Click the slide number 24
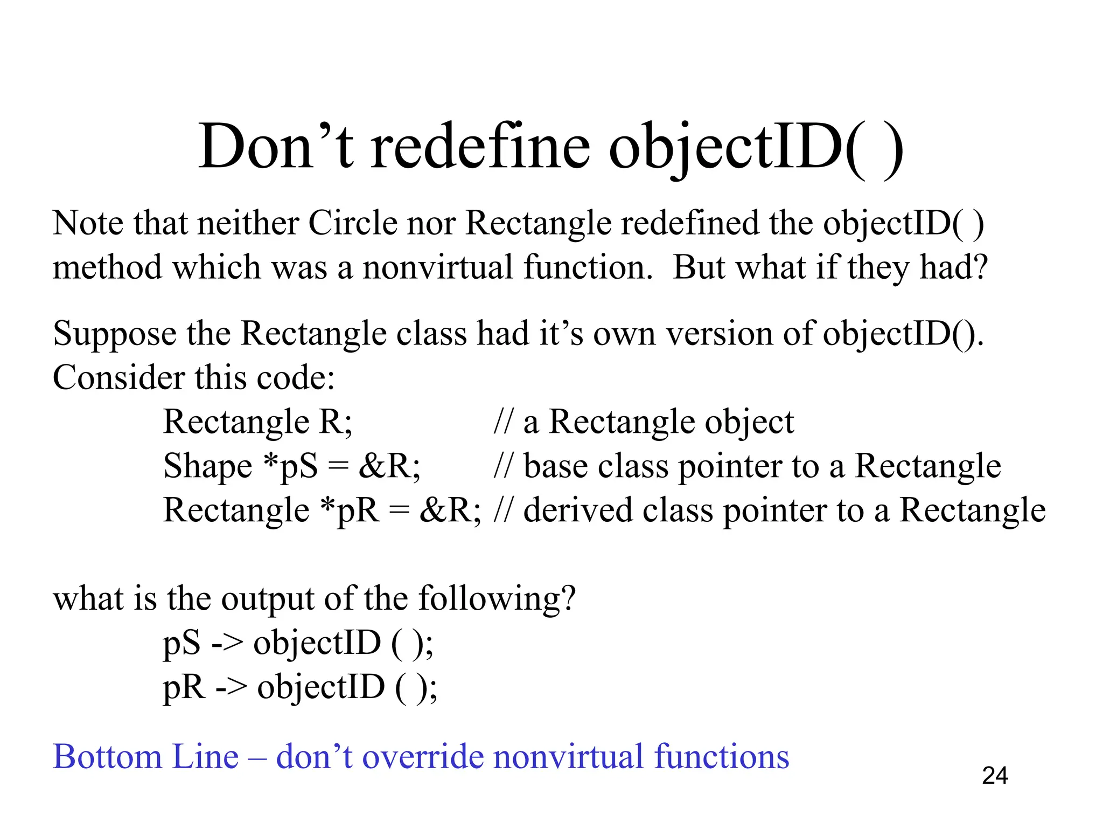(995, 776)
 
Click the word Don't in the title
(276, 147)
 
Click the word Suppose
(114, 334)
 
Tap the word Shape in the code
(207, 466)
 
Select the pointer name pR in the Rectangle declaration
(358, 510)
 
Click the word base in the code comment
(555, 466)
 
